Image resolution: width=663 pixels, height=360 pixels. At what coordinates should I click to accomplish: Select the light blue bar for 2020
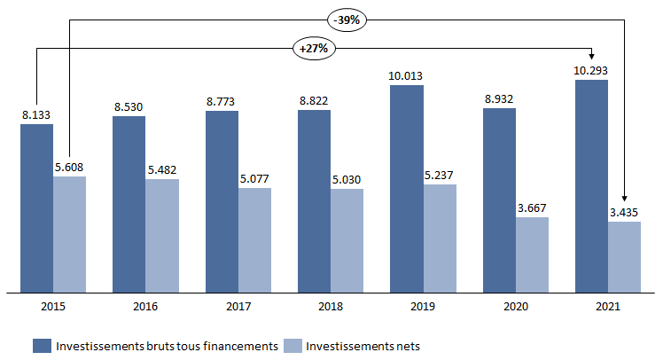[x=532, y=254]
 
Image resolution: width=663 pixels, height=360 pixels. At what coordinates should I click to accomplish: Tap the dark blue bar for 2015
[x=36, y=207]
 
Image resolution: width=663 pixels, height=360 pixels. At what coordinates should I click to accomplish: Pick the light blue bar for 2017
[x=254, y=239]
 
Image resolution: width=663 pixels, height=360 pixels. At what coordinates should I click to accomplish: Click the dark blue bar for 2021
[x=591, y=185]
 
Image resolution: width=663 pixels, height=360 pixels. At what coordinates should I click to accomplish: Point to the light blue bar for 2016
[x=162, y=235]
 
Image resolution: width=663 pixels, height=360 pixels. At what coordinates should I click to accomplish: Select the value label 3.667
[x=532, y=207]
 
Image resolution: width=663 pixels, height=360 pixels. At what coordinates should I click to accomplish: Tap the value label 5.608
[x=70, y=166]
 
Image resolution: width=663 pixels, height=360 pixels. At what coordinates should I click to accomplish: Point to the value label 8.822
[x=315, y=100]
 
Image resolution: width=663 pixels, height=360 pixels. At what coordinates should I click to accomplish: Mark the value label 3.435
[x=625, y=212]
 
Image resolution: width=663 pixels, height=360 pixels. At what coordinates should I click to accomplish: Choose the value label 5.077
[x=255, y=177]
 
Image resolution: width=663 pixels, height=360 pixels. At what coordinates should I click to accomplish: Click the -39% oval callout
[x=347, y=18]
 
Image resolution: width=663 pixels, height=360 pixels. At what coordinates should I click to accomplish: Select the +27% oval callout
[x=313, y=48]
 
